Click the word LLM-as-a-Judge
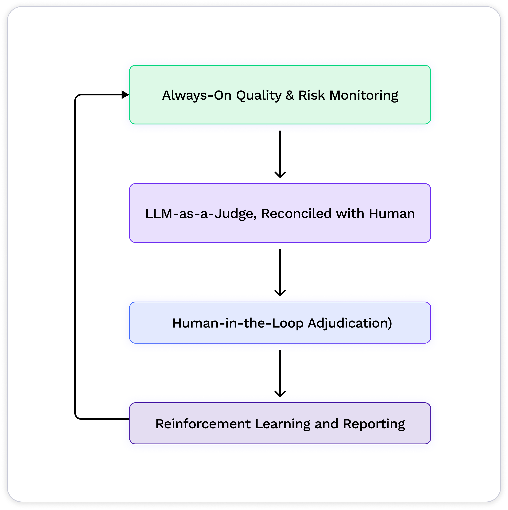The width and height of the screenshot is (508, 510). pos(201,214)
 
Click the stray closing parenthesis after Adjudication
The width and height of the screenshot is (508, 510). pos(390,323)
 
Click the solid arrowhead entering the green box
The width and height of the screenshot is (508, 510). pos(125,94)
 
